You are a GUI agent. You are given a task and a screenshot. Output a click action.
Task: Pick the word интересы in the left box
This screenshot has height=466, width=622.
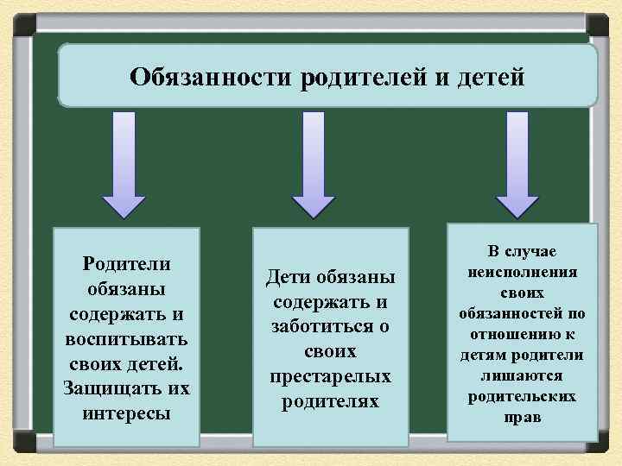point(127,412)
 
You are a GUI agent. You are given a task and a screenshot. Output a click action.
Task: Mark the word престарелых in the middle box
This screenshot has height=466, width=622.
point(331,377)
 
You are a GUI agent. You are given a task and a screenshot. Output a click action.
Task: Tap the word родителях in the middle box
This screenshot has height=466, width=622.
point(331,402)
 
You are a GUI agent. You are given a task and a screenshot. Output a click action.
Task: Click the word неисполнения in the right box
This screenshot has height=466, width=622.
point(523,271)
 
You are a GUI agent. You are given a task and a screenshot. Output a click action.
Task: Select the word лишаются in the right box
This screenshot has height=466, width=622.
point(523,376)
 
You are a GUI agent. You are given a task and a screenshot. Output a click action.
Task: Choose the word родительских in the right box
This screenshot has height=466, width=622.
point(523,397)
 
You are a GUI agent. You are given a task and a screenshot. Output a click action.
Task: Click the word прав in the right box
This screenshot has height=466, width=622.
point(523,418)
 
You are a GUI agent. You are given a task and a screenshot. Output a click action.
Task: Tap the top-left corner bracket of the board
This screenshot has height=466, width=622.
point(23,23)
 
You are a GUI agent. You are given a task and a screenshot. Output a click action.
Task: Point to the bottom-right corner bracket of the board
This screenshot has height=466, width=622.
point(598,442)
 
